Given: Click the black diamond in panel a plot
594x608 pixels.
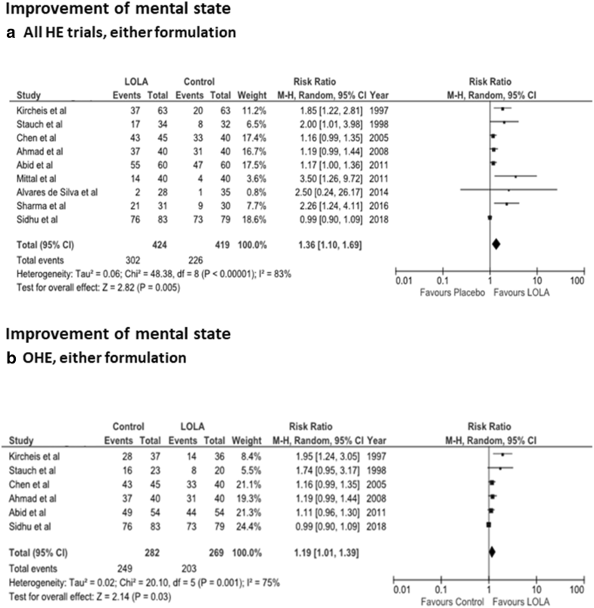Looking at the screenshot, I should point(496,243).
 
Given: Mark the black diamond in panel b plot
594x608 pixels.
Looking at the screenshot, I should point(493,552).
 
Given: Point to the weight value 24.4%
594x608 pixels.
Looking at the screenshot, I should point(254,524).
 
